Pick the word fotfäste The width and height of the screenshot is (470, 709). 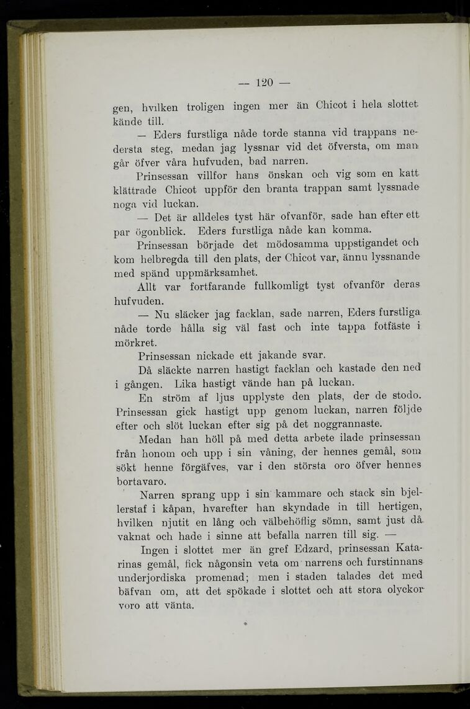pos(389,329)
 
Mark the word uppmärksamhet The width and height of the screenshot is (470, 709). pos(215,273)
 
